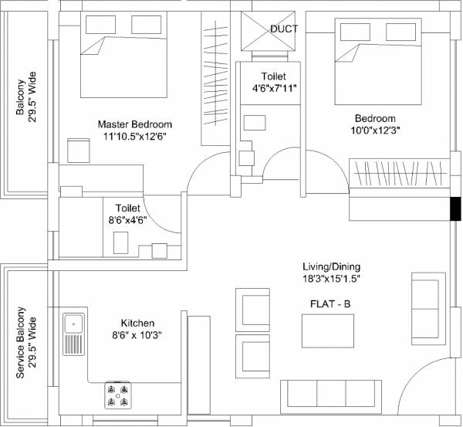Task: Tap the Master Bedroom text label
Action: click(x=134, y=124)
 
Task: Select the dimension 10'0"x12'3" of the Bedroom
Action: click(x=376, y=130)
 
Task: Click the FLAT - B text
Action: click(x=326, y=303)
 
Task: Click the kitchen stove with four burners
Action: click(x=117, y=395)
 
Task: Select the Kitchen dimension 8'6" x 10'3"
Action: click(x=137, y=335)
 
